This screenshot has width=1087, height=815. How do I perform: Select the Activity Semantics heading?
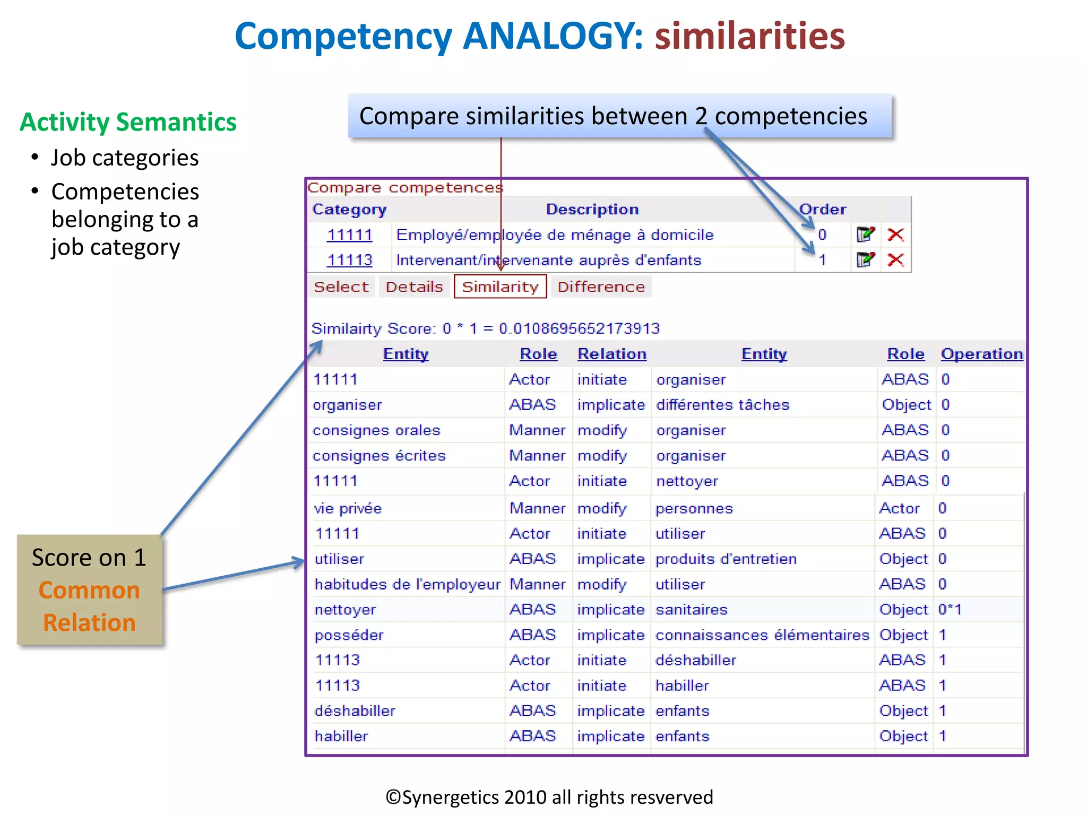pyautogui.click(x=128, y=122)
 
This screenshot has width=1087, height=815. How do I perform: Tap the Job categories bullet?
pyautogui.click(x=125, y=158)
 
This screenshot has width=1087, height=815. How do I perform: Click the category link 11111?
pyautogui.click(x=349, y=235)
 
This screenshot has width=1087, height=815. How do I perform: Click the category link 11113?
pyautogui.click(x=349, y=260)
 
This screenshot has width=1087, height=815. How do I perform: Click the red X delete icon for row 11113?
pyautogui.click(x=895, y=260)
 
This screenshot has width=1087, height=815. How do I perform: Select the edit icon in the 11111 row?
pyautogui.click(x=865, y=235)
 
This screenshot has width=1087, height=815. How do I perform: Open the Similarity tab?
pyautogui.click(x=500, y=287)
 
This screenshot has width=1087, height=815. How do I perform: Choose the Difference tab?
pyautogui.click(x=601, y=287)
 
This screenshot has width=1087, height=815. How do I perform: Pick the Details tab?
pyautogui.click(x=414, y=287)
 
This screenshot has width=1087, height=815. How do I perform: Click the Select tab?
pyautogui.click(x=341, y=287)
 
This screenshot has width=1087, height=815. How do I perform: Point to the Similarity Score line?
pyautogui.click(x=485, y=328)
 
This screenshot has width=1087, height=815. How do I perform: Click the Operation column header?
pyautogui.click(x=981, y=354)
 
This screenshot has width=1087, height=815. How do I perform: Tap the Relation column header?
pyautogui.click(x=611, y=354)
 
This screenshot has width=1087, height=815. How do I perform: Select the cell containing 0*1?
pyautogui.click(x=950, y=609)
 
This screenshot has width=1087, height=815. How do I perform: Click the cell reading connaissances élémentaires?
pyautogui.click(x=762, y=635)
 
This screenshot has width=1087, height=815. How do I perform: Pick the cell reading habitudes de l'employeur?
pyautogui.click(x=407, y=584)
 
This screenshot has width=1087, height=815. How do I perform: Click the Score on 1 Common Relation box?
pyautogui.click(x=89, y=589)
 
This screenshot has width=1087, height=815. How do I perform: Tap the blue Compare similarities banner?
pyautogui.click(x=619, y=116)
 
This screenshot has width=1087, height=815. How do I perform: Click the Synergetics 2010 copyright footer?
pyautogui.click(x=549, y=797)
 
